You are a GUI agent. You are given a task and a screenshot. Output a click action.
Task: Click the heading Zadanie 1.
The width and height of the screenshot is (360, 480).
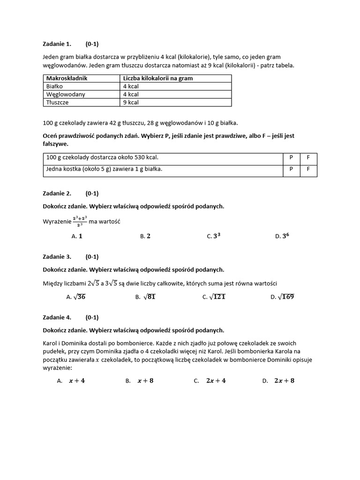57,44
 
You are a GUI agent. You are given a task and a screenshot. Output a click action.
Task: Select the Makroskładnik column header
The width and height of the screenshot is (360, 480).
67,78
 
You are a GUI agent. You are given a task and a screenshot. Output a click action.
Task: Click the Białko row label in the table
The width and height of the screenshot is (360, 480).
54,86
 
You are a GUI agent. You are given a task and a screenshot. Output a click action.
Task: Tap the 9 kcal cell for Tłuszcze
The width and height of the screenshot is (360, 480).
131,102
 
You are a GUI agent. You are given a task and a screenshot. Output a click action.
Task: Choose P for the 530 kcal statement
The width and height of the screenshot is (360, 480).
291,158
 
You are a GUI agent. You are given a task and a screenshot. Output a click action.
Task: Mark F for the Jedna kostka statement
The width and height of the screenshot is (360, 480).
308,169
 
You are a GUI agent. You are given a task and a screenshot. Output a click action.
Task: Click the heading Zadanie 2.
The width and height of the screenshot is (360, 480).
57,193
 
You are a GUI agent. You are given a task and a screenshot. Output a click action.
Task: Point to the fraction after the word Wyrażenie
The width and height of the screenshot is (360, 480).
80,222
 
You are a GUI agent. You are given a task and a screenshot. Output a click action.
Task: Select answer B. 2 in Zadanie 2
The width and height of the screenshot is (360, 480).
145,236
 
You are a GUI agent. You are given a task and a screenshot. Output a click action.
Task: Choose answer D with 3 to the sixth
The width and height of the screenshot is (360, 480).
282,236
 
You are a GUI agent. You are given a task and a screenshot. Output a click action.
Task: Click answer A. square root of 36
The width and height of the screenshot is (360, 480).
76,296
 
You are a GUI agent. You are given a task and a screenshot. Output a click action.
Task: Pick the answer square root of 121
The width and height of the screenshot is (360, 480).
214,296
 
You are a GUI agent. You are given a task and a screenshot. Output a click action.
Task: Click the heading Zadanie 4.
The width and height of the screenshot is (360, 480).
57,317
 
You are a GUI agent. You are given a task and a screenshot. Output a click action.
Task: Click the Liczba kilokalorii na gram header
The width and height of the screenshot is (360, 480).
158,78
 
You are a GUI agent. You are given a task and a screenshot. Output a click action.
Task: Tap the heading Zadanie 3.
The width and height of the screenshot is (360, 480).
57,257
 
